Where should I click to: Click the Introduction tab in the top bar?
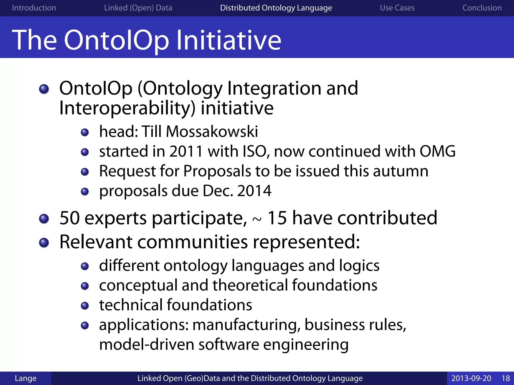[34, 8]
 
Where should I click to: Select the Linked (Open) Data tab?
[138, 8]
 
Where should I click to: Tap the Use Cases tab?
[397, 8]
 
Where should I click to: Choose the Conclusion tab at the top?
[482, 8]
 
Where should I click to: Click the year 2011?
[186, 151]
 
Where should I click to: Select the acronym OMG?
[437, 151]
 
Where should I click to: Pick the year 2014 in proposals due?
[254, 191]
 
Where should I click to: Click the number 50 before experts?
[70, 218]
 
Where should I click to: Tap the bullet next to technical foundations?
[85, 306]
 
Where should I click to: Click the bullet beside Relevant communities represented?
[44, 243]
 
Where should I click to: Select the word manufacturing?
[246, 325]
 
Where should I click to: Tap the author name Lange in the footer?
[26, 378]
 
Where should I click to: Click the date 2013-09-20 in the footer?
[471, 378]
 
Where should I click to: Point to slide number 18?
[505, 378]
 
